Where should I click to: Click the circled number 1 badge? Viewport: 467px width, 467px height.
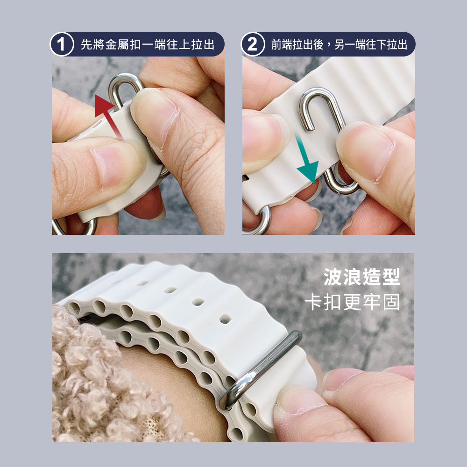[62, 44]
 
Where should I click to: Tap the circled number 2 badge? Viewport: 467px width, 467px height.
[253, 44]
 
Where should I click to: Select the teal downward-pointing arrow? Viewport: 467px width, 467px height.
[307, 157]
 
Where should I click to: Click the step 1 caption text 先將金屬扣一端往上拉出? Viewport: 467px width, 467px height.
[148, 44]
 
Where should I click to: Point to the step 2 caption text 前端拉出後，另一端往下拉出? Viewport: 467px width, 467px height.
[339, 44]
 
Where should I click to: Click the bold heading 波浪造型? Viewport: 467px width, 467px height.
[361, 277]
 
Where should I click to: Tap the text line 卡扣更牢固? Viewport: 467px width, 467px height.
[352, 302]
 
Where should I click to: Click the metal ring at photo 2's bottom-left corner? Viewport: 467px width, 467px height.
[259, 220]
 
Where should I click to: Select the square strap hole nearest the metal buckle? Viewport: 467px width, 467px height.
[225, 320]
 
